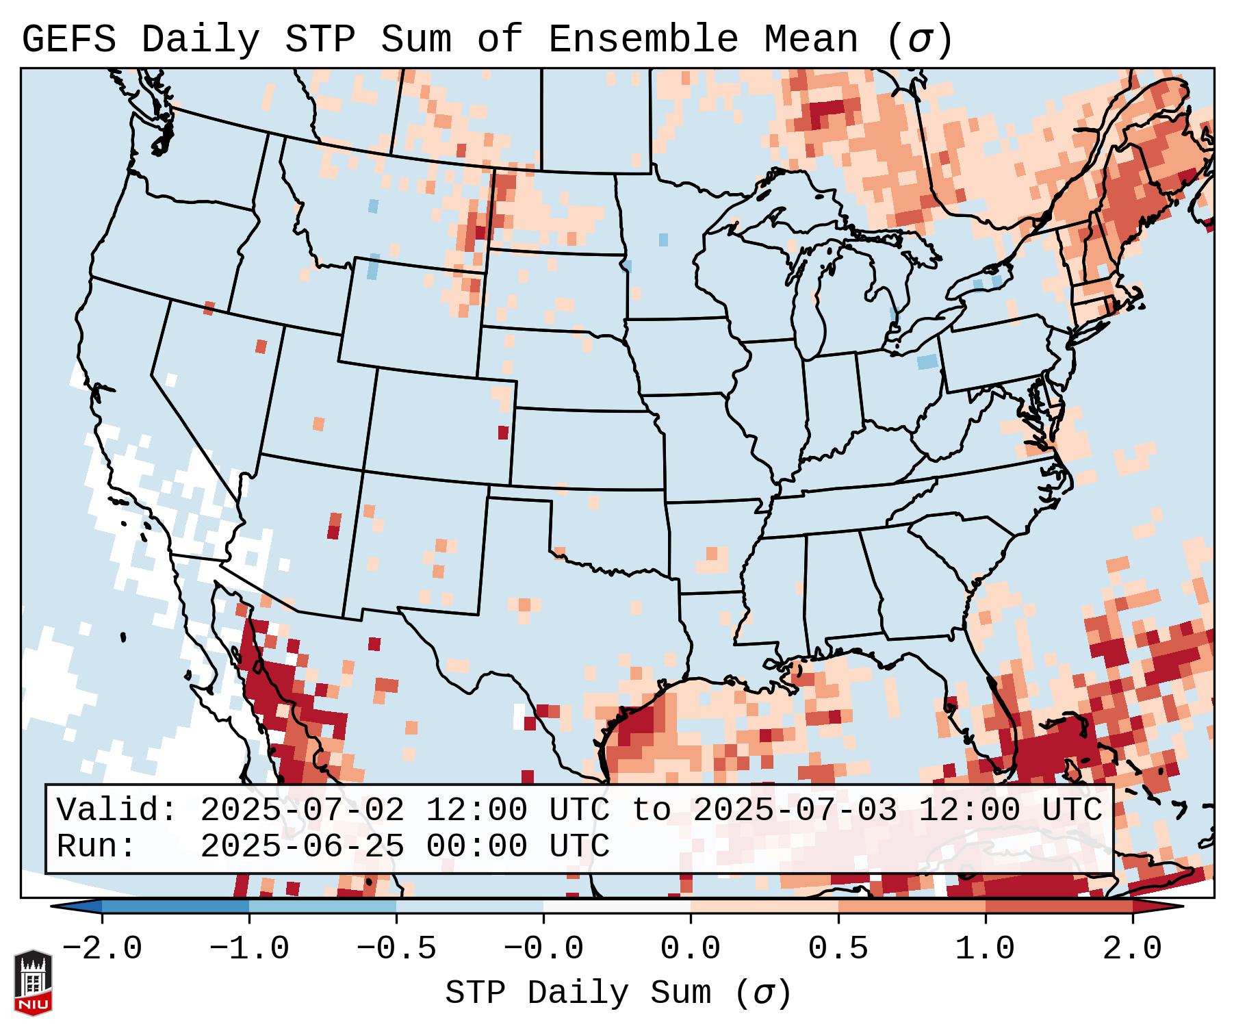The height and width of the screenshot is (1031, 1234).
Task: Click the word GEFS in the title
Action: point(68,40)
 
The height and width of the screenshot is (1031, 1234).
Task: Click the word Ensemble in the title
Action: point(643,40)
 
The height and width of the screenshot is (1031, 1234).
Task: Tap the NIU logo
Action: point(33,983)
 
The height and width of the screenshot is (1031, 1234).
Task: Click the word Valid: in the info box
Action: point(117,811)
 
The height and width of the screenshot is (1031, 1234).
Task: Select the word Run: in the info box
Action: point(97,847)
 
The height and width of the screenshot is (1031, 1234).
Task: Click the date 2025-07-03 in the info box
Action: point(795,811)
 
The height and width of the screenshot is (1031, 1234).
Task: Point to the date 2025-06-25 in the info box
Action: point(302,847)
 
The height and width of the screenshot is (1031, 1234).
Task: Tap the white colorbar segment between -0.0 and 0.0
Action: point(617,907)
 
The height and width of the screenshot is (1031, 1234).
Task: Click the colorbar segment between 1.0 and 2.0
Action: point(1059,907)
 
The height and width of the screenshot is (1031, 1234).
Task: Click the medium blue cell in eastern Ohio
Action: point(927,361)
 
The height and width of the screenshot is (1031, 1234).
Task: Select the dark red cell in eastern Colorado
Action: point(503,433)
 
